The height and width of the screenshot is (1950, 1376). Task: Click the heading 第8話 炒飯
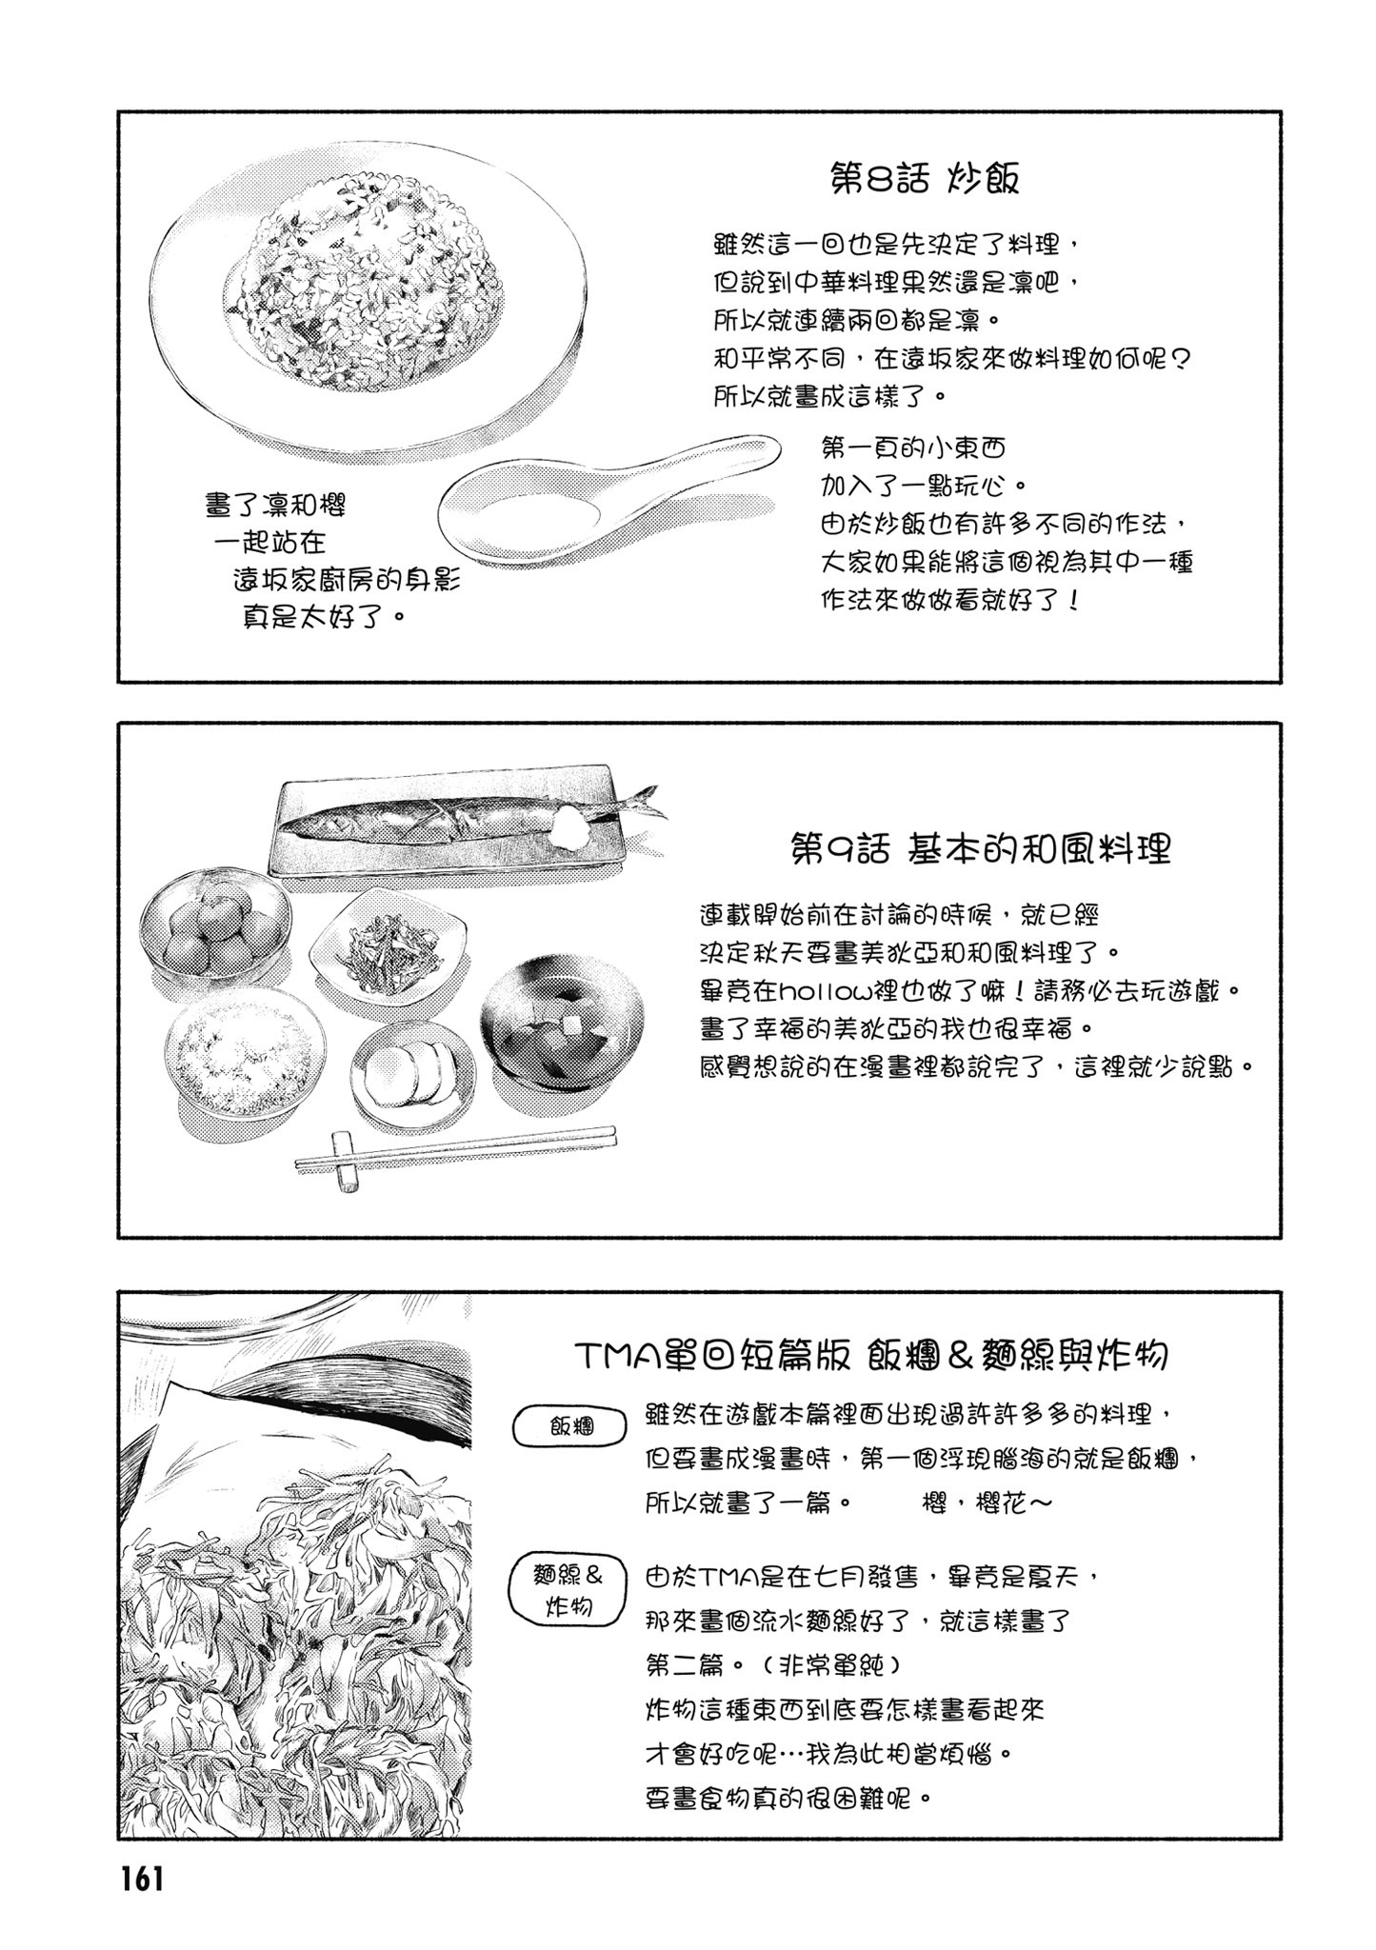coord(925,178)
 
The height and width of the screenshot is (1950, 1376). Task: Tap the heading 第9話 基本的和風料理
coord(980,848)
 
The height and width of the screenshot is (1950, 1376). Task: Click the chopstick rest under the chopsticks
coord(347,1162)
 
